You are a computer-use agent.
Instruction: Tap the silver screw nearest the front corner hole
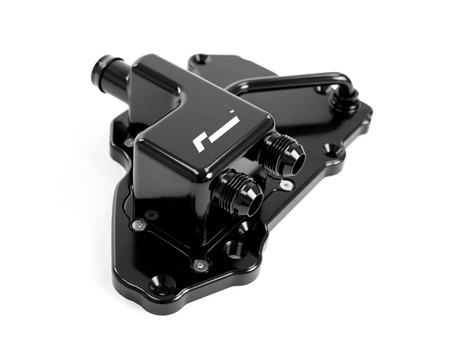198,263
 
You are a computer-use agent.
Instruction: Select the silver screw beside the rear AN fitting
284,185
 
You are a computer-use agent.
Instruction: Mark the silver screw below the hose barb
129,142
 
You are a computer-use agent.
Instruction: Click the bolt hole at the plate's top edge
201,61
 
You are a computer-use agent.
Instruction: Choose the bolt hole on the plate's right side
327,150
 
